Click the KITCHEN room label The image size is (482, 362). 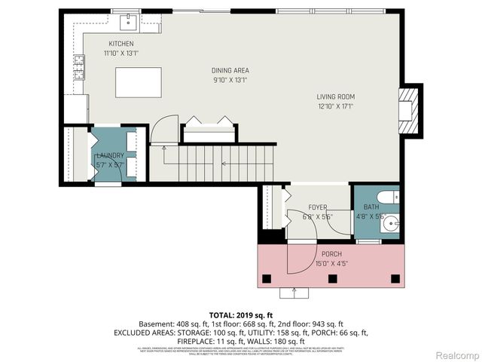click(x=120, y=44)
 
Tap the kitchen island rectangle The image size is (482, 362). click(x=138, y=81)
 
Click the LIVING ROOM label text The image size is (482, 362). click(x=335, y=97)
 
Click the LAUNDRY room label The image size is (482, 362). click(x=110, y=155)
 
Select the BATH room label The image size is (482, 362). click(x=372, y=207)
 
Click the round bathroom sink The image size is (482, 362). click(x=390, y=223)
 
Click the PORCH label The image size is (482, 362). click(x=332, y=254)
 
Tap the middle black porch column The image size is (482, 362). click(x=332, y=278)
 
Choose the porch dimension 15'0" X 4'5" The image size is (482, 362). click(x=332, y=263)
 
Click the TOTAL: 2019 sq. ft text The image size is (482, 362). click(x=241, y=314)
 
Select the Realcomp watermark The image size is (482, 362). click(x=458, y=354)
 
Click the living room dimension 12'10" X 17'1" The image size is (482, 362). click(x=335, y=106)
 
